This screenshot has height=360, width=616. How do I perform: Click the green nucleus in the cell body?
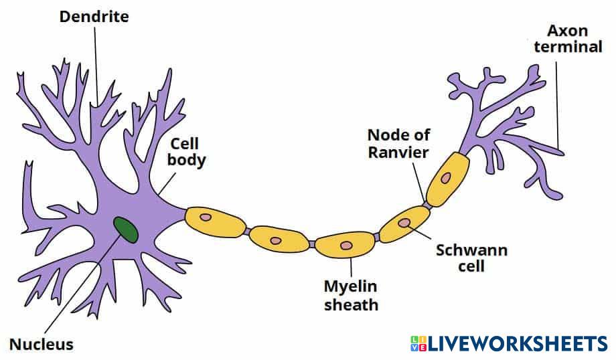[x=126, y=230]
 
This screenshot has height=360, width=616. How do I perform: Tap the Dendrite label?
[x=94, y=17]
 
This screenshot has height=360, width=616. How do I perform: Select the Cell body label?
[x=186, y=153]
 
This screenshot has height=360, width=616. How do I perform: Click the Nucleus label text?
[x=42, y=345]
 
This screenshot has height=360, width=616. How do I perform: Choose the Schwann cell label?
[x=471, y=258]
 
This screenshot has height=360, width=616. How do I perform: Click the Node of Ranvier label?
[x=398, y=144]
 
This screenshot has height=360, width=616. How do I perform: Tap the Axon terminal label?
[x=568, y=38]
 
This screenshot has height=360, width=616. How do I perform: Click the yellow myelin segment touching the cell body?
[x=216, y=221]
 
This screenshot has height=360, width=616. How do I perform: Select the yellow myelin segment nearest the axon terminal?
[x=447, y=179]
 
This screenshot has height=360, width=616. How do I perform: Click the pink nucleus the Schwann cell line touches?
[x=404, y=223]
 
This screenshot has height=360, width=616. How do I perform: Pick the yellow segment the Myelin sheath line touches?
[x=345, y=245]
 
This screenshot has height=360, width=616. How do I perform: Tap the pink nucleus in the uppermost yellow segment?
[x=445, y=178]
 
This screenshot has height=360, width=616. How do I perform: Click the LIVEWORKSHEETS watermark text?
[x=518, y=344]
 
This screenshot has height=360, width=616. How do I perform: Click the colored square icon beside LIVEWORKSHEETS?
[x=418, y=344]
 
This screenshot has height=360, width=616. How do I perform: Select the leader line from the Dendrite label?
[x=96, y=66]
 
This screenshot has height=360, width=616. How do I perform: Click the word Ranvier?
[x=398, y=153]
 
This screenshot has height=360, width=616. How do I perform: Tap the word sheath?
[x=352, y=304]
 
